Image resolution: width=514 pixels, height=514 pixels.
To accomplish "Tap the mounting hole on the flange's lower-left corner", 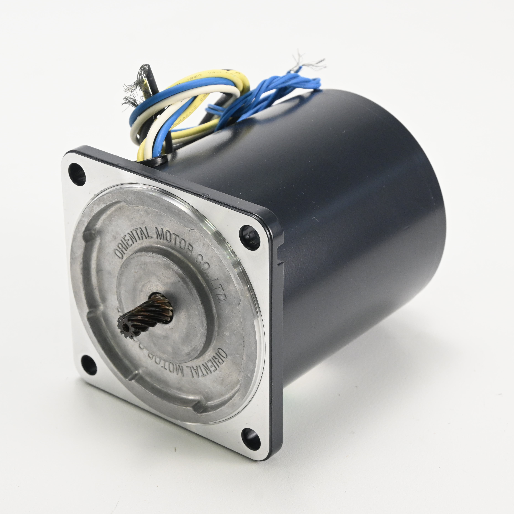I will pos(89,365).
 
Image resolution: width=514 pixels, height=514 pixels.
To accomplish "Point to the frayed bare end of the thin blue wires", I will pos(309,63).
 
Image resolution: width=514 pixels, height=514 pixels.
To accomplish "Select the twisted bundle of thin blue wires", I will pos(266,96).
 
